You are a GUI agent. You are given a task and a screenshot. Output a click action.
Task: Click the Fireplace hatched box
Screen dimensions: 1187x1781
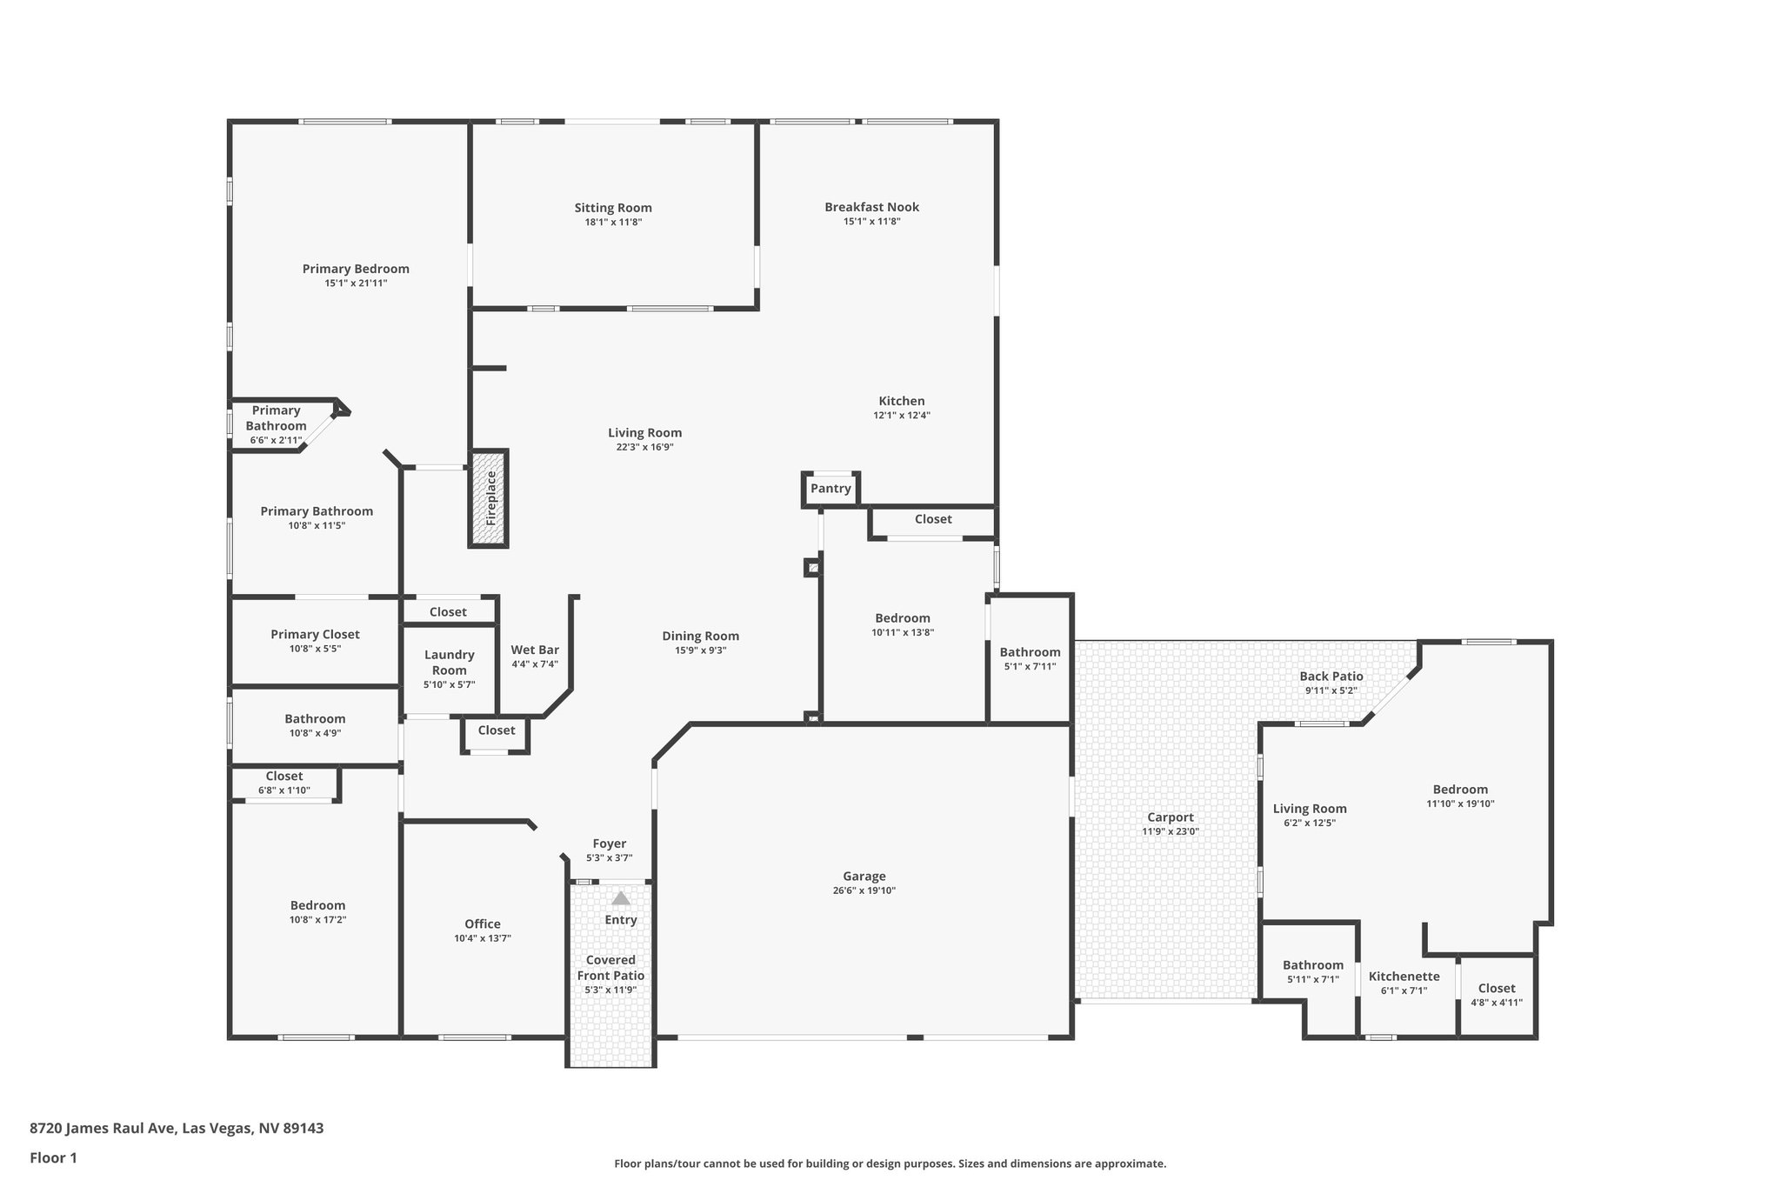(489, 498)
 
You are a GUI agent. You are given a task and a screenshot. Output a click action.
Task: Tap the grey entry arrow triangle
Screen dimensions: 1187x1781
(620, 898)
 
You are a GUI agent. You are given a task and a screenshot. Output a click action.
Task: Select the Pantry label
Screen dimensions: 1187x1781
(830, 489)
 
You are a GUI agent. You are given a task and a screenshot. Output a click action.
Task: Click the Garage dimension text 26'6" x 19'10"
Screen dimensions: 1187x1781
(864, 890)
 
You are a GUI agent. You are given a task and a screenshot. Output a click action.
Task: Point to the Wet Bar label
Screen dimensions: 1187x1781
(535, 650)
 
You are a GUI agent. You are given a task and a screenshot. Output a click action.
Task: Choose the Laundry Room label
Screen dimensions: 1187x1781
(449, 662)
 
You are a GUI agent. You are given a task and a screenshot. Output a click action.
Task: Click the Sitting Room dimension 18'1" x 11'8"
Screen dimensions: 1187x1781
(613, 223)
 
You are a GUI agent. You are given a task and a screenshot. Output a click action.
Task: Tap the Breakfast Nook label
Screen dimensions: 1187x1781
(871, 207)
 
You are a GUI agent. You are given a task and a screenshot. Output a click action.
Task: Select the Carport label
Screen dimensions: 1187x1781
(1170, 817)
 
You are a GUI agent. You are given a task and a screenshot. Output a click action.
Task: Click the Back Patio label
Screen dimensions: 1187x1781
(1331, 677)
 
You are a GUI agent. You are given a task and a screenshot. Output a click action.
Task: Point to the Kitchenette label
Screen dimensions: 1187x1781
(1404, 977)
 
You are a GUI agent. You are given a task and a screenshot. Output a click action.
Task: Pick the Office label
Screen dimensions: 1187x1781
(482, 924)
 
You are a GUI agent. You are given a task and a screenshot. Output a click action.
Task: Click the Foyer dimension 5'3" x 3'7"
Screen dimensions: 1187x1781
(609, 858)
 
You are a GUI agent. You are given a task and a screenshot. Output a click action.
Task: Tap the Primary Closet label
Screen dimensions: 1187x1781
(315, 635)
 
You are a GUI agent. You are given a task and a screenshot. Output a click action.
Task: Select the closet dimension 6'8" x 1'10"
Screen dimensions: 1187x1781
(283, 790)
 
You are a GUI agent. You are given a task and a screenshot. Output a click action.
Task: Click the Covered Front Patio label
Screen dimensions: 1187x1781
(610, 967)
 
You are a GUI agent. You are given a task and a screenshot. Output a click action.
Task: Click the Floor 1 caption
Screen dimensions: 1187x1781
(54, 1157)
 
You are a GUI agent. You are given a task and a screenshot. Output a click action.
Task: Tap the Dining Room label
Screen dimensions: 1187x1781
(700, 636)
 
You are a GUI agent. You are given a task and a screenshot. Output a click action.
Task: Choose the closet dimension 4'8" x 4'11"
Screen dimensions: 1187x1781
(1496, 1003)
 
